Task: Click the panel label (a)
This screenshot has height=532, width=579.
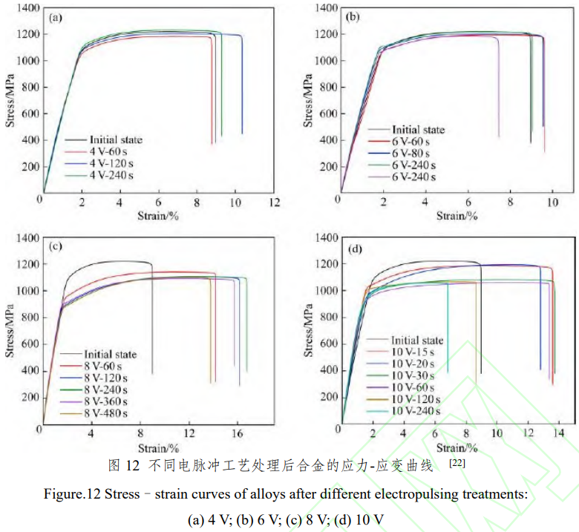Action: click(x=56, y=18)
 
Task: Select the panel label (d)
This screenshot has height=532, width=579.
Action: click(x=354, y=248)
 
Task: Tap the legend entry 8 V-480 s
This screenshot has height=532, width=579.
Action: click(x=106, y=413)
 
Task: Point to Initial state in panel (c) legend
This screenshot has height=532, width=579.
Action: click(x=110, y=355)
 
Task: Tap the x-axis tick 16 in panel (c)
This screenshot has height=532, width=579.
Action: click(x=237, y=433)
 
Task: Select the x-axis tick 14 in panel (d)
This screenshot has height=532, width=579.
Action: click(x=560, y=433)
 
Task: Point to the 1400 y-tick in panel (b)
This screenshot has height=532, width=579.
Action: click(x=321, y=8)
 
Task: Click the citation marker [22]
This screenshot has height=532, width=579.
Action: click(x=459, y=464)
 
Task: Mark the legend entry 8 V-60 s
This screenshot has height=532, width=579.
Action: click(x=104, y=367)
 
